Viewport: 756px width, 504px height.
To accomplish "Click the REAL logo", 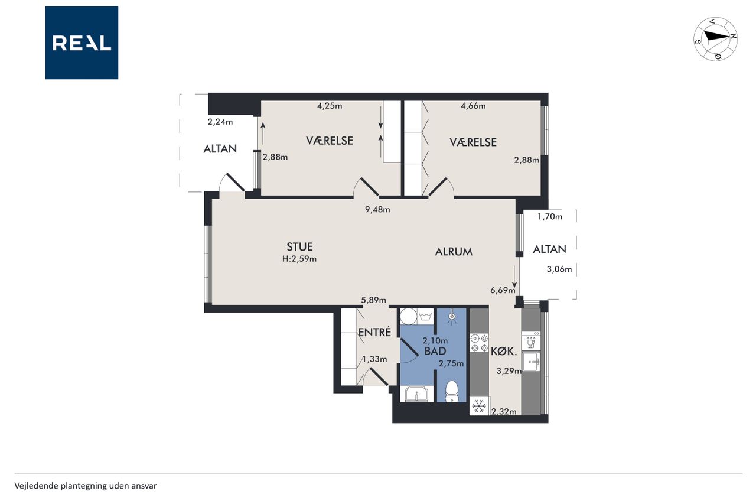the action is (82, 43).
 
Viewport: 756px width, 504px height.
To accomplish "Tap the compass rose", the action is (715, 39).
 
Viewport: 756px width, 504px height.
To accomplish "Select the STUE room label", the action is (299, 247).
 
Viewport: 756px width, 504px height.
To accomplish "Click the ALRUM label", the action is (454, 252).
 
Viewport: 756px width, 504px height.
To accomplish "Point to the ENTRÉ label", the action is (374, 332).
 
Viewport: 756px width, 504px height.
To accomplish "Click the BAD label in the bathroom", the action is (435, 351).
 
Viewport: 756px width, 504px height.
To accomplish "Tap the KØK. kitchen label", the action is (504, 352).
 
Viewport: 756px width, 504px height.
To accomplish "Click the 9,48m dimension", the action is (377, 210).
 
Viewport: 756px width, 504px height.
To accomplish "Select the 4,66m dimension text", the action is (473, 106).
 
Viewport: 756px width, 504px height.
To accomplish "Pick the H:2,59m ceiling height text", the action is (299, 259).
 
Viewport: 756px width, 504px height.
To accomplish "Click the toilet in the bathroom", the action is (452, 392).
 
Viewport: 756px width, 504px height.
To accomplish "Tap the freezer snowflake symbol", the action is (479, 406).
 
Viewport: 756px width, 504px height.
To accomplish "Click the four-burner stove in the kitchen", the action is (479, 343).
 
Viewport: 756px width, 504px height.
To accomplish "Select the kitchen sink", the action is (532, 362).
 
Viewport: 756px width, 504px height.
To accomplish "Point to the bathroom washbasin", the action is (417, 394).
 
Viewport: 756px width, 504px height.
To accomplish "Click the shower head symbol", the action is (452, 317).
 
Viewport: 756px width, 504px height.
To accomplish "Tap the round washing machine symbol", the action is (408, 316).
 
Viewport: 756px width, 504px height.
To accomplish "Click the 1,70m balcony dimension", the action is (550, 217).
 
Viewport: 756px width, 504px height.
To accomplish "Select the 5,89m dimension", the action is (374, 300).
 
